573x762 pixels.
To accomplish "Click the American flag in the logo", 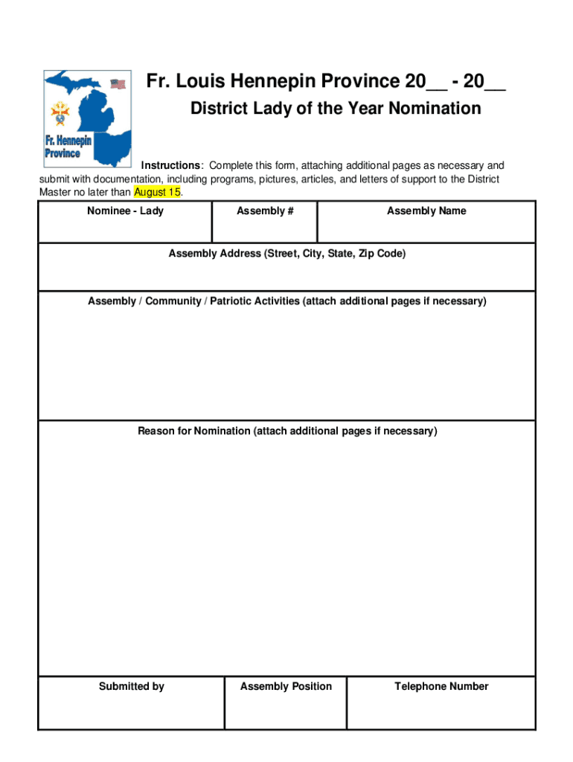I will point(118,84).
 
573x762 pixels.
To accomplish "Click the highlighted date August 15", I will point(157,192).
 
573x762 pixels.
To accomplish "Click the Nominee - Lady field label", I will point(125,211).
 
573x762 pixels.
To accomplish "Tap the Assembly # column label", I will point(265,211).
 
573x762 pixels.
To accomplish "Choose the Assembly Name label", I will point(426,211).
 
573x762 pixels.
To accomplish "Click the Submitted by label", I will point(132,687).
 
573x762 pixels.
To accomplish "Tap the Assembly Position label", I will point(286,687).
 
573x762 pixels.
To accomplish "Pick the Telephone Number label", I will point(441,687).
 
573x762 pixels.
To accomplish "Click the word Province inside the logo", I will point(63,153).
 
